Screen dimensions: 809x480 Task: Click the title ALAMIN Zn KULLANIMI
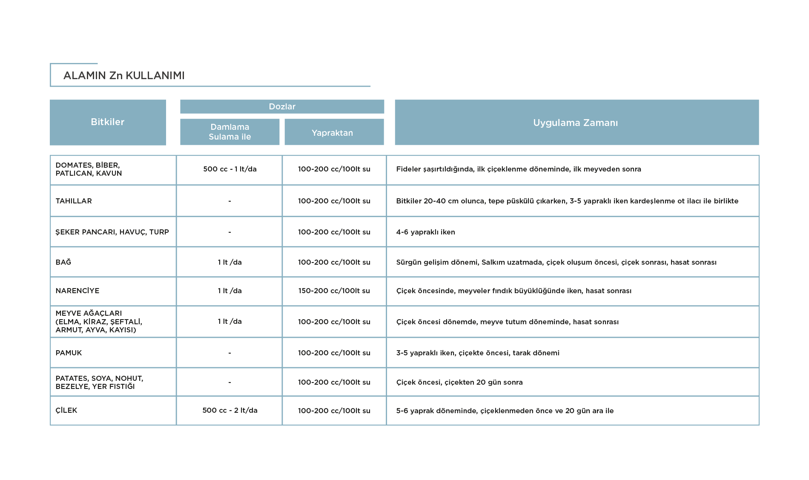[x=124, y=75]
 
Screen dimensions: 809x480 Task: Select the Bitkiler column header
[x=108, y=122]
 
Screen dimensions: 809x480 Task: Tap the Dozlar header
[x=282, y=106]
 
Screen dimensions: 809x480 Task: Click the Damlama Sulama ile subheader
[x=230, y=132]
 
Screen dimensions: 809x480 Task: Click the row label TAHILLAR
[x=74, y=201]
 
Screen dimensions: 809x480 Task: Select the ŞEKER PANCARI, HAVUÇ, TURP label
[x=112, y=232]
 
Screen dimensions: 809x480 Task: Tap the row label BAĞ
[x=63, y=262]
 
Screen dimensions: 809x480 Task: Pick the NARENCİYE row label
[x=77, y=291]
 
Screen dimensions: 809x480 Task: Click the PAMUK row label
[x=69, y=353]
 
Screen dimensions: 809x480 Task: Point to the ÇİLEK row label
[x=66, y=410]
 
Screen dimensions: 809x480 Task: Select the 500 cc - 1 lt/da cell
[x=230, y=169]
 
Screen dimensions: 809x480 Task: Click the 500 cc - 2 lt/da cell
[x=230, y=410]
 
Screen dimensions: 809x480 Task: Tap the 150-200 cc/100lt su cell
[x=334, y=291]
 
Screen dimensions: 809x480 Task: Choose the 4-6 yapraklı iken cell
[x=426, y=232]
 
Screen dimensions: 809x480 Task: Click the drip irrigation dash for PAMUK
[x=230, y=353]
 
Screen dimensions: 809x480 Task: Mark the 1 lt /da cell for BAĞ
[x=230, y=262]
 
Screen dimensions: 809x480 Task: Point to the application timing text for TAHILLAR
[x=567, y=201]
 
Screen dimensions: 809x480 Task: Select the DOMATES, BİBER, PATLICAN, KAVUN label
[x=89, y=169]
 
